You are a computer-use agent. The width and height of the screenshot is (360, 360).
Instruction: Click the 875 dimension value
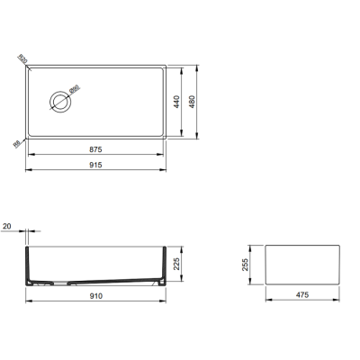95,148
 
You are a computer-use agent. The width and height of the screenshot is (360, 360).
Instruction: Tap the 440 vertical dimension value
189,103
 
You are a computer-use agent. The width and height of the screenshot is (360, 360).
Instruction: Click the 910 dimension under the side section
95,295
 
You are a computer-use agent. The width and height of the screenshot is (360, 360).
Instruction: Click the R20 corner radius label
22,60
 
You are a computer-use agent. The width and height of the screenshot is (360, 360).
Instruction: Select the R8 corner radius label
17,141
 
